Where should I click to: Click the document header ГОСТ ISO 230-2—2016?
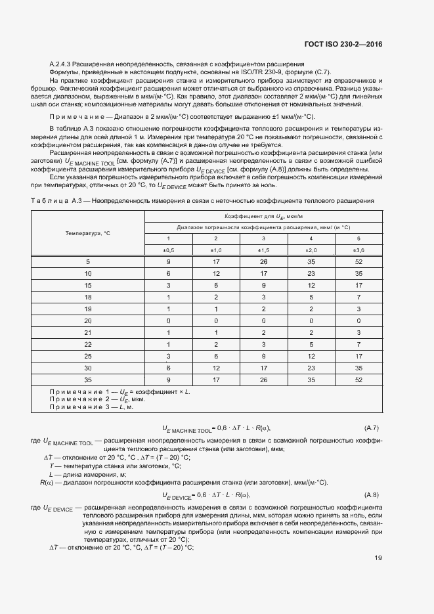[x=343, y=45]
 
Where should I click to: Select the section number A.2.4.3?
[x=63, y=63]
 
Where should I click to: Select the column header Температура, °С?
[x=87, y=233]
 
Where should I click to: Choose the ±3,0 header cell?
[x=358, y=250]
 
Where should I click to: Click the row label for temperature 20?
[x=87, y=320]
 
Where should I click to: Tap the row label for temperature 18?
[x=87, y=297]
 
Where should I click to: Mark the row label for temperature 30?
[x=87, y=368]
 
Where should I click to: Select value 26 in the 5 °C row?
[x=263, y=261]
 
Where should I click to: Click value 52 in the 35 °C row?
[x=358, y=380]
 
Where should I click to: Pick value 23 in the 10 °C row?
[x=311, y=273]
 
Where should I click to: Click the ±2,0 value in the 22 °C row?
[x=311, y=344]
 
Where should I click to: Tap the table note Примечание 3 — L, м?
[x=91, y=407]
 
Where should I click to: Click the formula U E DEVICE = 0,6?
[x=206, y=494]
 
